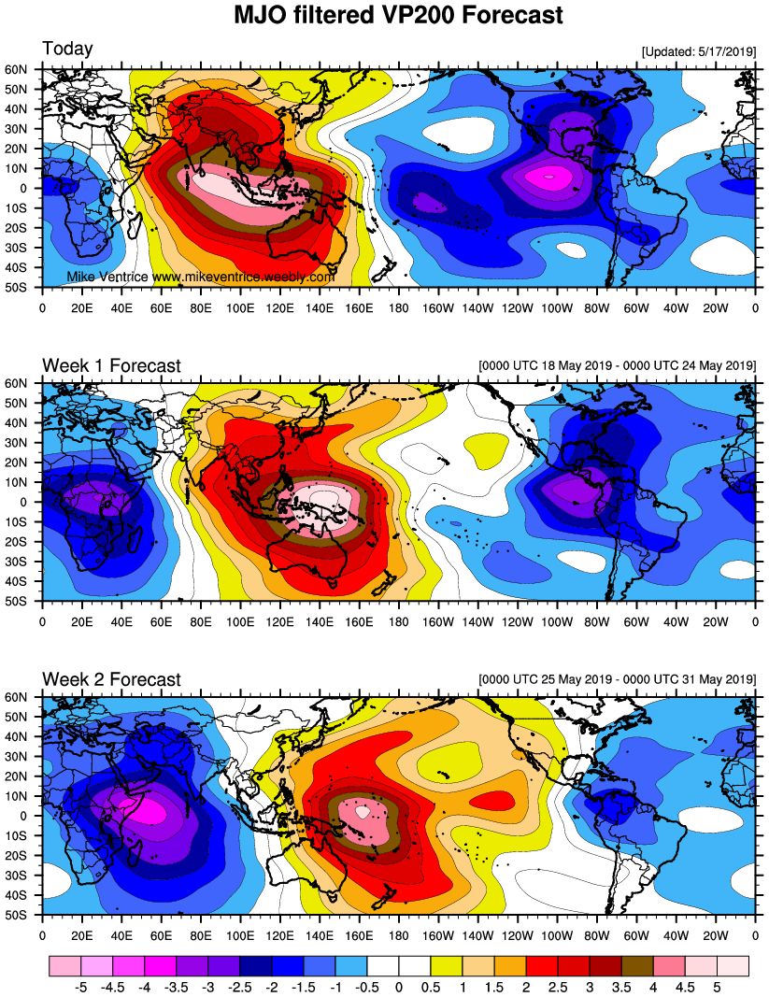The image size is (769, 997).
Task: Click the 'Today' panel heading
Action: point(67,50)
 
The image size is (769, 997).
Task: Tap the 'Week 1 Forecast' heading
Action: point(110,365)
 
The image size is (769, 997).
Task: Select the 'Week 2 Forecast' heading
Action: point(110,679)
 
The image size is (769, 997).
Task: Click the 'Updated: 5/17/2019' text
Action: point(698,51)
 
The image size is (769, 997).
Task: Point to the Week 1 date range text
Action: point(616,365)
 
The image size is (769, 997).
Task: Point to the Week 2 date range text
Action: point(616,679)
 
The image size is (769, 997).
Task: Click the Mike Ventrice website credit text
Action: point(201,278)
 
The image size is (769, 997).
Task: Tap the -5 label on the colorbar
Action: point(79,985)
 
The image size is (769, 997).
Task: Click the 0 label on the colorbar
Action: point(399,985)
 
